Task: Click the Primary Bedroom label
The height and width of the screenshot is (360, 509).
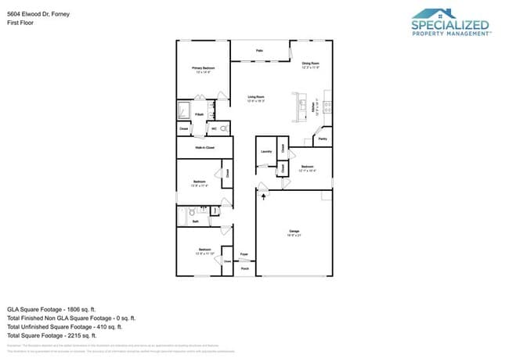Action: (x=203, y=69)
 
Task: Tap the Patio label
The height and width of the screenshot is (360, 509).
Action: (x=259, y=51)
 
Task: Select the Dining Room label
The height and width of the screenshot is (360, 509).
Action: (x=310, y=63)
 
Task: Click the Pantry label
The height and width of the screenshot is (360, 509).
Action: (x=322, y=139)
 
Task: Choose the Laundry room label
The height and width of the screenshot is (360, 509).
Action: (x=266, y=150)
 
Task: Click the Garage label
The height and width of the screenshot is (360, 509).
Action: (x=294, y=231)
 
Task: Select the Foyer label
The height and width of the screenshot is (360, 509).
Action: (x=244, y=254)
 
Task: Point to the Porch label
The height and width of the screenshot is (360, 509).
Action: (x=244, y=268)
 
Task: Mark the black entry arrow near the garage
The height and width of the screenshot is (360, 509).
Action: (x=263, y=196)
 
